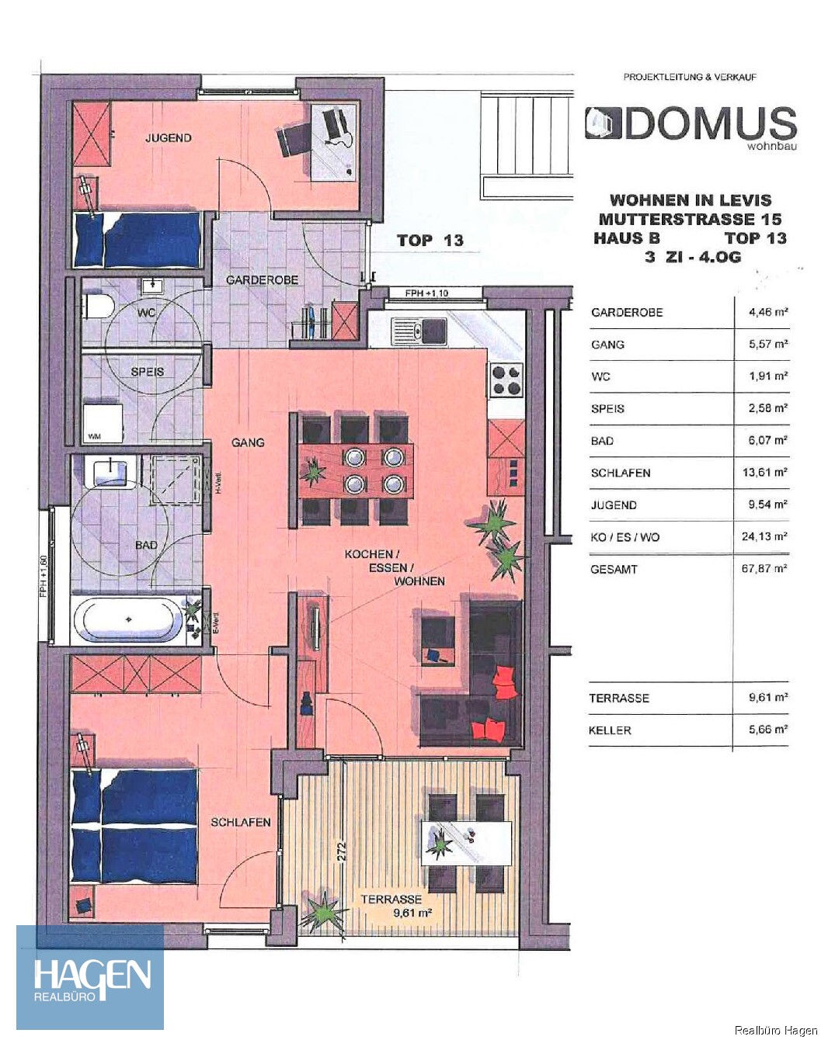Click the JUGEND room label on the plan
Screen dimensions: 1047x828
pyautogui.click(x=168, y=138)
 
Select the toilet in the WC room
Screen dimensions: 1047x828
pyautogui.click(x=97, y=307)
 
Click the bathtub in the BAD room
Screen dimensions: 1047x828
pyautogui.click(x=129, y=619)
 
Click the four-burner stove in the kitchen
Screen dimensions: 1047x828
pyautogui.click(x=506, y=380)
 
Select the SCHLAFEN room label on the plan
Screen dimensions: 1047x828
pyautogui.click(x=241, y=822)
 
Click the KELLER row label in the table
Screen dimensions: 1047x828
pyautogui.click(x=610, y=730)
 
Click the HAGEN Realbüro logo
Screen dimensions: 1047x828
pyautogui.click(x=91, y=977)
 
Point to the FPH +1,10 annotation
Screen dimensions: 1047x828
pyautogui.click(x=426, y=293)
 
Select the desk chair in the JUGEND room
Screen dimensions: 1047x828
pyautogui.click(x=292, y=141)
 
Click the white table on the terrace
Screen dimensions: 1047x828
pyautogui.click(x=465, y=843)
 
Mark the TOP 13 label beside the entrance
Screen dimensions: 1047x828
pyautogui.click(x=430, y=241)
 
